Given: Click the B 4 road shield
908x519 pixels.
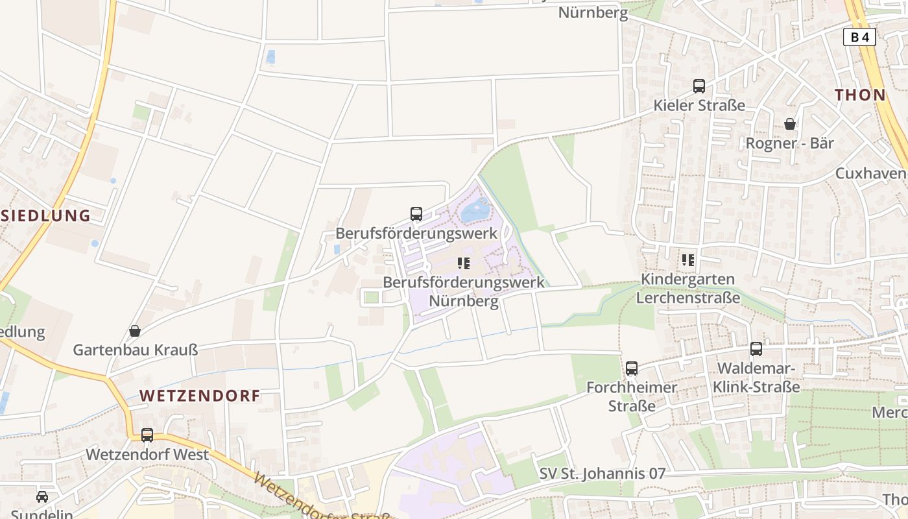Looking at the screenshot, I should pos(859,38).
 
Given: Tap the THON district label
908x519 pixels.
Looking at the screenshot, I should pos(860,95).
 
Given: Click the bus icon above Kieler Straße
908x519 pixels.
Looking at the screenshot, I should pos(699,86).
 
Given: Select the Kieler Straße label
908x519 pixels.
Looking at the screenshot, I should pos(699,105).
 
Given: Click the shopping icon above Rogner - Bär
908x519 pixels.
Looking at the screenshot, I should pos(789,123).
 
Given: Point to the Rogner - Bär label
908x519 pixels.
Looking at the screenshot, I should pos(789,143).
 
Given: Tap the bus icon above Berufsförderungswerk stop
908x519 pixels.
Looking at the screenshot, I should pos(416,213).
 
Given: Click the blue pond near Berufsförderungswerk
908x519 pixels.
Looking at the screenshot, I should pos(475,210).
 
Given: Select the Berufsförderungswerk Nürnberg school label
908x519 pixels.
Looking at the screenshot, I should pos(463,292).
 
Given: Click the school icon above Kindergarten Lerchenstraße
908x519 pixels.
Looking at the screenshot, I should pos(688,260).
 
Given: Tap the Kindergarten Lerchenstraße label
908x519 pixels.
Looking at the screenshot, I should pos(687,289).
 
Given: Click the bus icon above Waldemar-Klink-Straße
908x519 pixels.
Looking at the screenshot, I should pos(756,349).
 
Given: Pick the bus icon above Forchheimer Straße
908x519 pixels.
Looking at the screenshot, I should pos(632,368).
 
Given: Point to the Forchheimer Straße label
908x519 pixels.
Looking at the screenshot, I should pos(632,396).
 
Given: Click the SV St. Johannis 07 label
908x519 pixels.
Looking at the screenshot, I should pos(603,474).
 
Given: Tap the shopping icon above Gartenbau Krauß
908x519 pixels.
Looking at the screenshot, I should pos(135,331).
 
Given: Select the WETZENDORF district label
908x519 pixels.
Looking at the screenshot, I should pos(200,396).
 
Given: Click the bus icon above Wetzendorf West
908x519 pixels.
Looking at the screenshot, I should pos(147,435).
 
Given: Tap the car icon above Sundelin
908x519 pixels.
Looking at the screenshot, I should pos(42,496).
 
